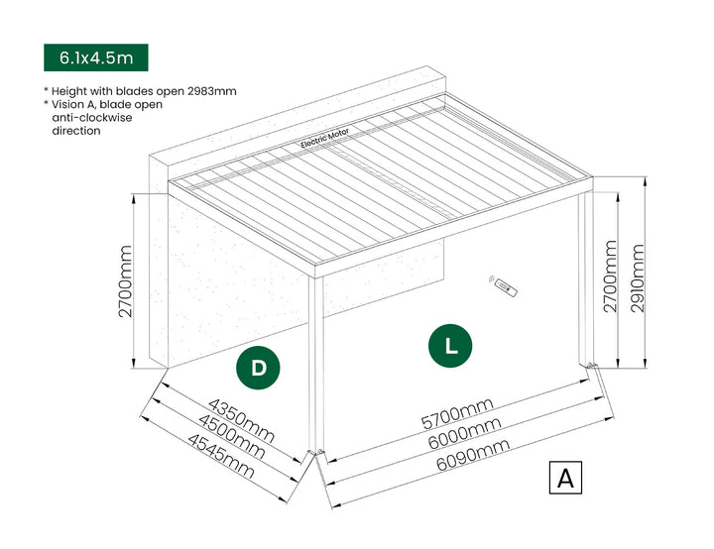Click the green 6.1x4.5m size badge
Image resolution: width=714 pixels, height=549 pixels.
[x=95, y=58]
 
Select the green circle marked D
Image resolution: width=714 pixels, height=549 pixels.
[x=258, y=368]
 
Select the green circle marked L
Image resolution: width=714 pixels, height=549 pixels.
[x=450, y=346]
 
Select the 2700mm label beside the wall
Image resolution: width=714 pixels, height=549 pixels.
[x=126, y=283]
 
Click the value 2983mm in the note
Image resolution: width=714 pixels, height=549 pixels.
[x=210, y=91]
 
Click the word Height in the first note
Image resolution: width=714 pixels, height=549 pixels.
[x=70, y=91]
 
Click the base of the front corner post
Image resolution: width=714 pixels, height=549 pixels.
[x=316, y=455]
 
